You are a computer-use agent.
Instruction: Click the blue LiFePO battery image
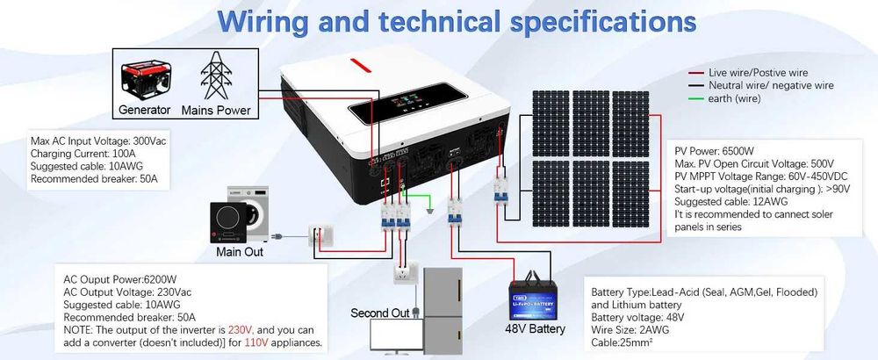pyautogui.click(x=533, y=296)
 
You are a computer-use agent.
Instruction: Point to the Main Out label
pyautogui.click(x=240, y=253)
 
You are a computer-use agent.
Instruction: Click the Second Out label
pyautogui.click(x=380, y=313)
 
